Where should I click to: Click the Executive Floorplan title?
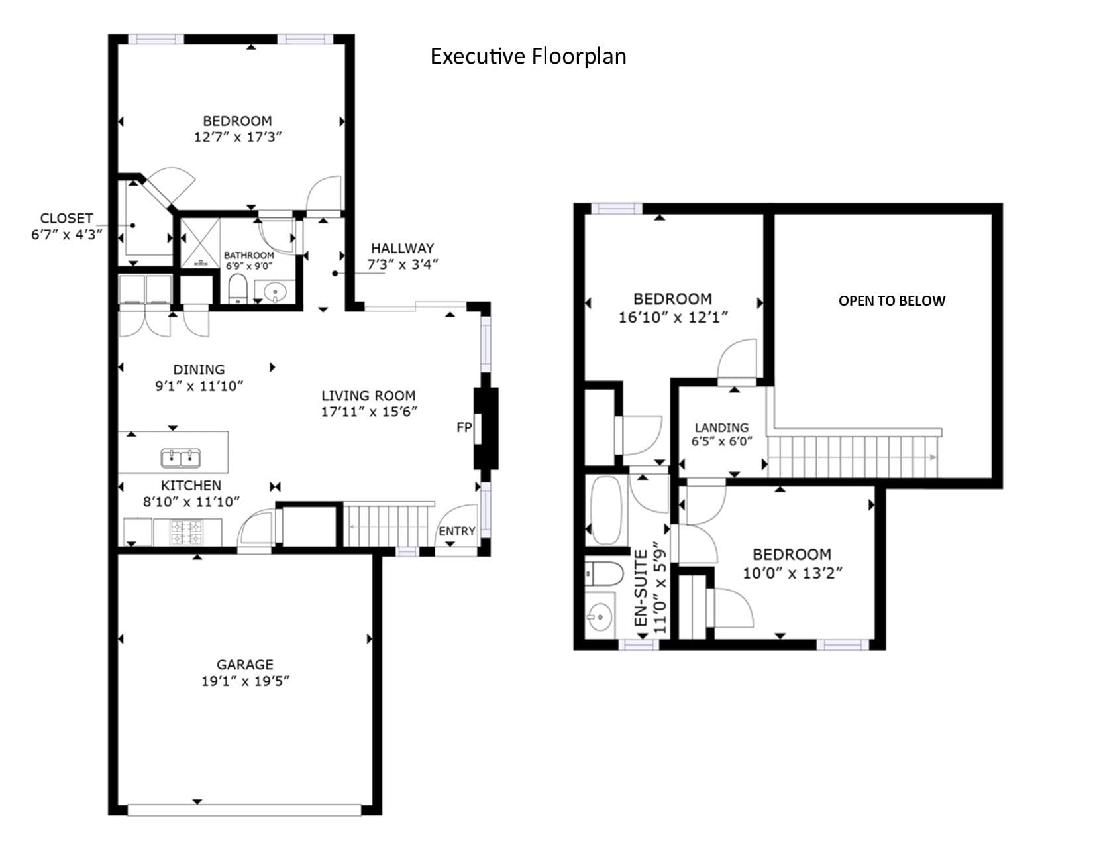click(x=528, y=56)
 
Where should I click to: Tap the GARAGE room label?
click(x=245, y=664)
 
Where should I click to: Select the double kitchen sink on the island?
click(x=181, y=458)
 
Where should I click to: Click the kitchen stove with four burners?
click(x=187, y=533)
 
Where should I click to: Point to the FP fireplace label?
click(x=464, y=427)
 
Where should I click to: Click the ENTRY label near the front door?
click(x=456, y=531)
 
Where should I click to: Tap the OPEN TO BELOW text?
click(x=892, y=300)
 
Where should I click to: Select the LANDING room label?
click(x=721, y=427)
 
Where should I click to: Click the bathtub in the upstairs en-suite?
click(x=607, y=510)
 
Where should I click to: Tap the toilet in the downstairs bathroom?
click(x=237, y=288)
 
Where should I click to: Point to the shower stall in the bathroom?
click(x=200, y=243)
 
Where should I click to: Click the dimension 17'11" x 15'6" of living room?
click(x=369, y=412)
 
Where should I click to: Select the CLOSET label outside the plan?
click(x=66, y=219)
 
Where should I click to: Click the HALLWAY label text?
click(x=402, y=248)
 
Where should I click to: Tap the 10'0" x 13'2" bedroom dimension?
click(x=792, y=573)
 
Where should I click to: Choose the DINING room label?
click(x=199, y=370)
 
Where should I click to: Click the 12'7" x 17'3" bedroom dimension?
click(x=238, y=137)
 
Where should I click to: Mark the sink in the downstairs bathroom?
click(x=275, y=292)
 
